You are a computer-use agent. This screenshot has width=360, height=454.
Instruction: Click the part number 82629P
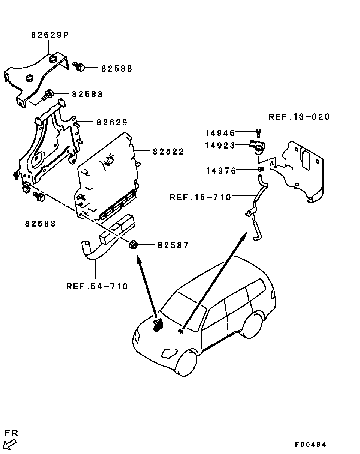50,35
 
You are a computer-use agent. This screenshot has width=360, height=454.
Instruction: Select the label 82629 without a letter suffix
112,122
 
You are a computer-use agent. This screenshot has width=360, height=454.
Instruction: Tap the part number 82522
168,152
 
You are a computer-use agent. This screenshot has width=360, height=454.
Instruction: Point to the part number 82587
173,245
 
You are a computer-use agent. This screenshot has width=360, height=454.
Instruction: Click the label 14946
220,133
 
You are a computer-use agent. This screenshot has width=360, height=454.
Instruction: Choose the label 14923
220,145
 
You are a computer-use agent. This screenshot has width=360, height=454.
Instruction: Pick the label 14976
221,171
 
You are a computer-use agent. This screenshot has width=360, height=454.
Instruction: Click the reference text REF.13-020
299,117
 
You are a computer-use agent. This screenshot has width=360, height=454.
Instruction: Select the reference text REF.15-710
200,197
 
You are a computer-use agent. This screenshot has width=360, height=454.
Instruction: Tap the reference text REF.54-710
97,287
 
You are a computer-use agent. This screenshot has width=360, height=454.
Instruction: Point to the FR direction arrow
10,445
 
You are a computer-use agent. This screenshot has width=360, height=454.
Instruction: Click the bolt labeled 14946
258,133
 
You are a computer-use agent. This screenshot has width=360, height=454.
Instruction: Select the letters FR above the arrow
11,433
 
